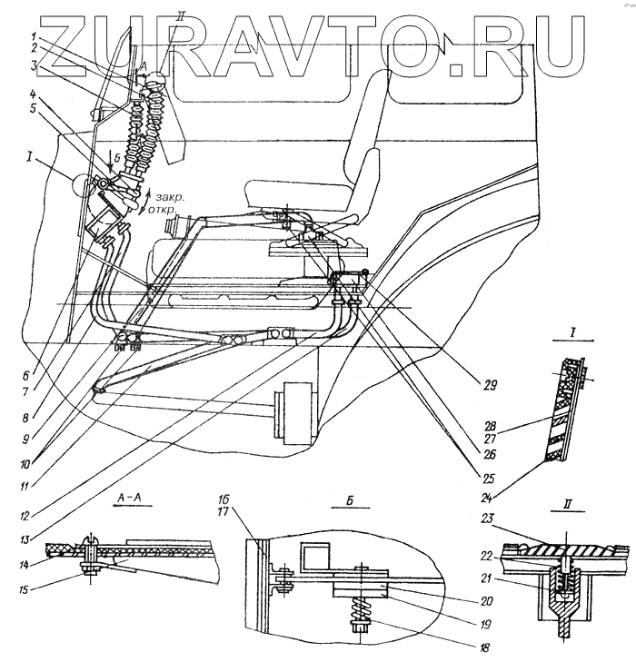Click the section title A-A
(127, 497)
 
